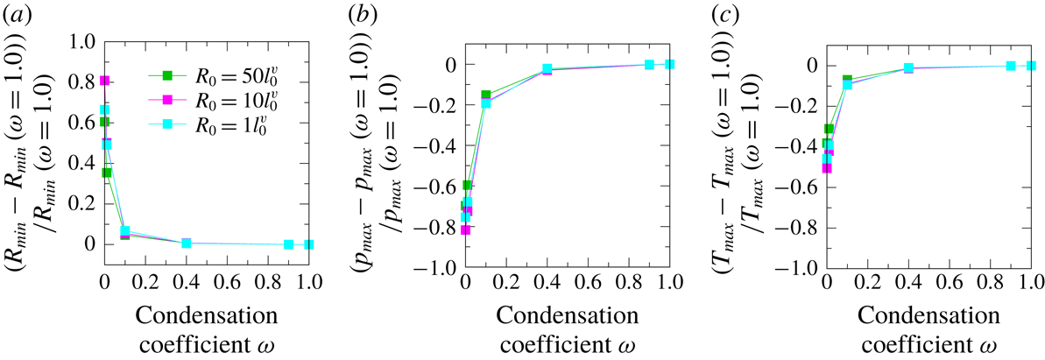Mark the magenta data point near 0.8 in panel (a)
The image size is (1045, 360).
point(104,81)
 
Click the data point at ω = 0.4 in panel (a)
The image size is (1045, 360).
point(186,243)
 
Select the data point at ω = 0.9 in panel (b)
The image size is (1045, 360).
point(649,65)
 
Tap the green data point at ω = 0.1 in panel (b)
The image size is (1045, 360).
point(485,95)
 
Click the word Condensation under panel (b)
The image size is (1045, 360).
point(567,314)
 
